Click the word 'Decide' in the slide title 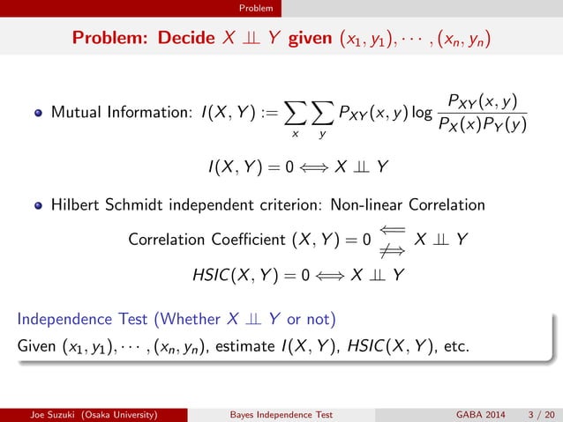pos(188,39)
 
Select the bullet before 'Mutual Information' pos(39,114)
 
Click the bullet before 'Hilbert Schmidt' pos(39,205)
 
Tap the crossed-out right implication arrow pos(394,248)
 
